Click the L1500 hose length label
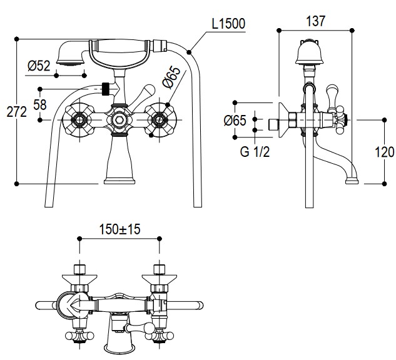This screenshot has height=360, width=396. coord(228,24)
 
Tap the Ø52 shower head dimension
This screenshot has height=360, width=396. coord(39,66)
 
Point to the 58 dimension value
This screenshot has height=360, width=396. coord(39,105)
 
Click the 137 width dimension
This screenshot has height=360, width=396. coord(315,21)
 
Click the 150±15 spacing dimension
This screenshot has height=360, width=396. coord(119,229)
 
